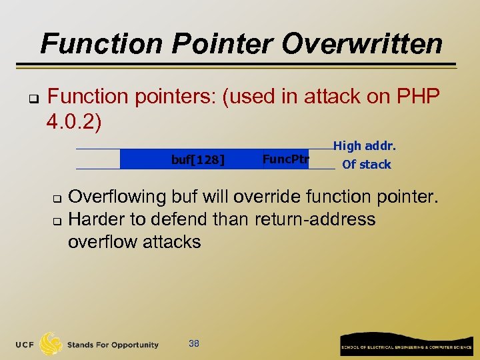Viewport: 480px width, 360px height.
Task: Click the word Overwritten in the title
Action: tap(362, 44)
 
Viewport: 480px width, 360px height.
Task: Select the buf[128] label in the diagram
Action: tap(198, 159)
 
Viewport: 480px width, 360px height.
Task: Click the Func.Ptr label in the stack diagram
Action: tap(285, 159)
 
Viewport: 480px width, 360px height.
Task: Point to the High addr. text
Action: tap(365, 145)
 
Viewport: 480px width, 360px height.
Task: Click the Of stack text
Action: tap(366, 164)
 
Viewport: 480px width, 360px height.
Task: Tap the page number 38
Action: tap(194, 343)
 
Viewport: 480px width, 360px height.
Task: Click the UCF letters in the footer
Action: tap(26, 345)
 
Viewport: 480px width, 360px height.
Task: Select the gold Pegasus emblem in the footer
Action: tap(51, 344)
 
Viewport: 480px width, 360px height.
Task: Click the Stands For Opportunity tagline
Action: tap(113, 345)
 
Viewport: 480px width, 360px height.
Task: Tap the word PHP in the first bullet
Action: tap(417, 97)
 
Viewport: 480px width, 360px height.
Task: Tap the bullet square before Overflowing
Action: tap(57, 199)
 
